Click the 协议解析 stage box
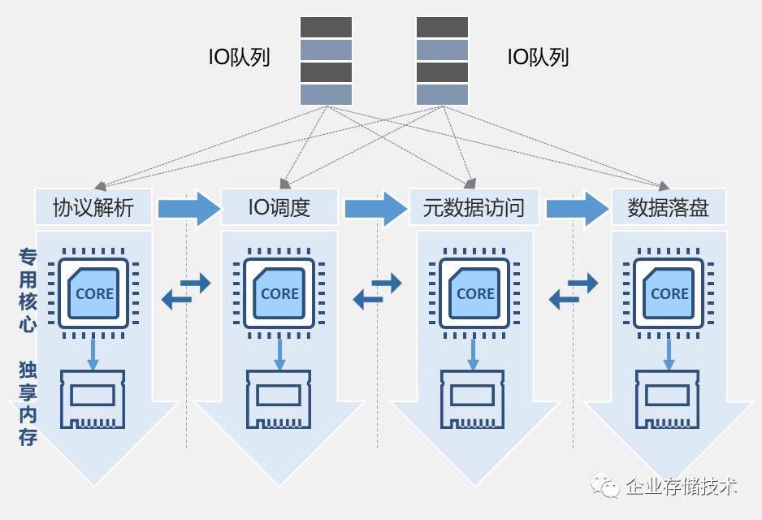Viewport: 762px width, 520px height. click(93, 207)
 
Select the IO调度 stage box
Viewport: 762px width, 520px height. click(279, 207)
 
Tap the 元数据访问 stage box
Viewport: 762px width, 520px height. click(474, 207)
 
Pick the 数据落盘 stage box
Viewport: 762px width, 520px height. click(669, 207)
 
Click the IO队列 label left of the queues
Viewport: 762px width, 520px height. click(239, 58)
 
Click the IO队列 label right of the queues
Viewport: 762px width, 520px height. click(538, 58)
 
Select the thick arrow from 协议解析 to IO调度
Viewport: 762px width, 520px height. click(189, 208)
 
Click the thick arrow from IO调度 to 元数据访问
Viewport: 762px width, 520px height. click(376, 208)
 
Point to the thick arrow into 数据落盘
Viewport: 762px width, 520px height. click(578, 208)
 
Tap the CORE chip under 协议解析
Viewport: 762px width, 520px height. click(93, 293)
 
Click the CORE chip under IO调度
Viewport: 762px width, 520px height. click(279, 293)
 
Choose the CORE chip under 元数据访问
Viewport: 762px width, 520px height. click(474, 293)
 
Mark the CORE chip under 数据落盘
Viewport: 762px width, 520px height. click(669, 293)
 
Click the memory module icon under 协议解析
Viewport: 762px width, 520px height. click(93, 400)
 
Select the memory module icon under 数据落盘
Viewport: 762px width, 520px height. click(667, 400)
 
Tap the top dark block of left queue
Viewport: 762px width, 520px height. click(326, 27)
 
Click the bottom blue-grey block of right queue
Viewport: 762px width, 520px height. click(442, 95)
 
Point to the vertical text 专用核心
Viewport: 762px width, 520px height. click(28, 290)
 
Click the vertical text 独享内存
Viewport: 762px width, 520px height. click(28, 403)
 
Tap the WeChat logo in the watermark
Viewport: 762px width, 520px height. click(604, 485)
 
